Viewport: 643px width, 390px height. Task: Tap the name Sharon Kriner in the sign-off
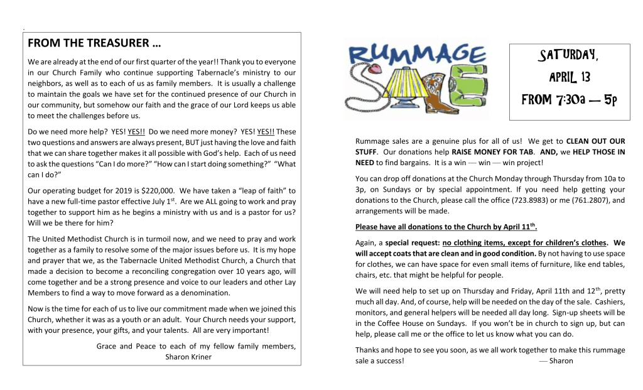pos(189,357)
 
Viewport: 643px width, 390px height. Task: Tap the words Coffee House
pos(391,323)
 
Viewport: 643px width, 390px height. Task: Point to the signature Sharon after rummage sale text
pos(560,361)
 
